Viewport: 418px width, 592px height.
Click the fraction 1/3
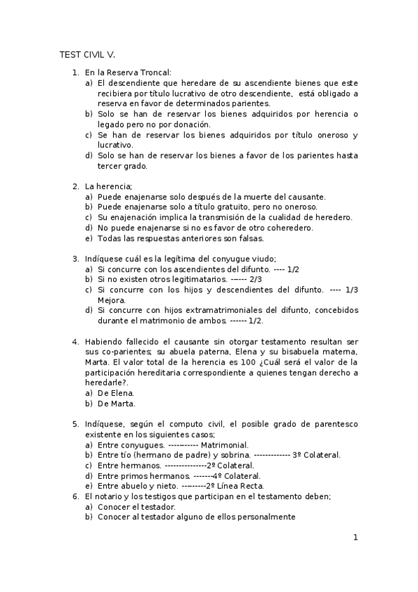point(350,290)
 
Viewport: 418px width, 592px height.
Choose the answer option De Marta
point(117,403)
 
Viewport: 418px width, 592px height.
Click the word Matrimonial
point(224,444)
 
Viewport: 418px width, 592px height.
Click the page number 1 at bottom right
point(355,538)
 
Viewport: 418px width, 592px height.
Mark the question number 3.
point(75,258)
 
